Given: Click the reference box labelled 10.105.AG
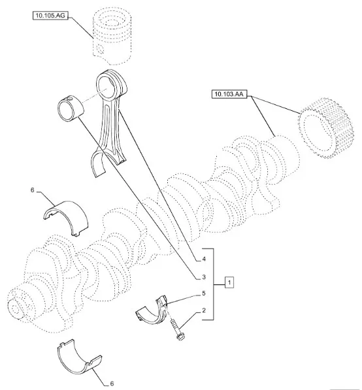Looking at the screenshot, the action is [50, 16].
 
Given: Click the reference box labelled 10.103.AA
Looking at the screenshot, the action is [229, 94].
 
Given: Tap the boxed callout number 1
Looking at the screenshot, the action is [229, 282].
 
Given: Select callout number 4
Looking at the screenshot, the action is [204, 259].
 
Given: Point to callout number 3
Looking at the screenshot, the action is [204, 277].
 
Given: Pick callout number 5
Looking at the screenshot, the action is [204, 293].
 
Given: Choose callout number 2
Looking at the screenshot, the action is [204, 310].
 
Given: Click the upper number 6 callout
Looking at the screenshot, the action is [33, 190].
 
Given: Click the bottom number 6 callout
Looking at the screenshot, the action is [112, 383].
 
